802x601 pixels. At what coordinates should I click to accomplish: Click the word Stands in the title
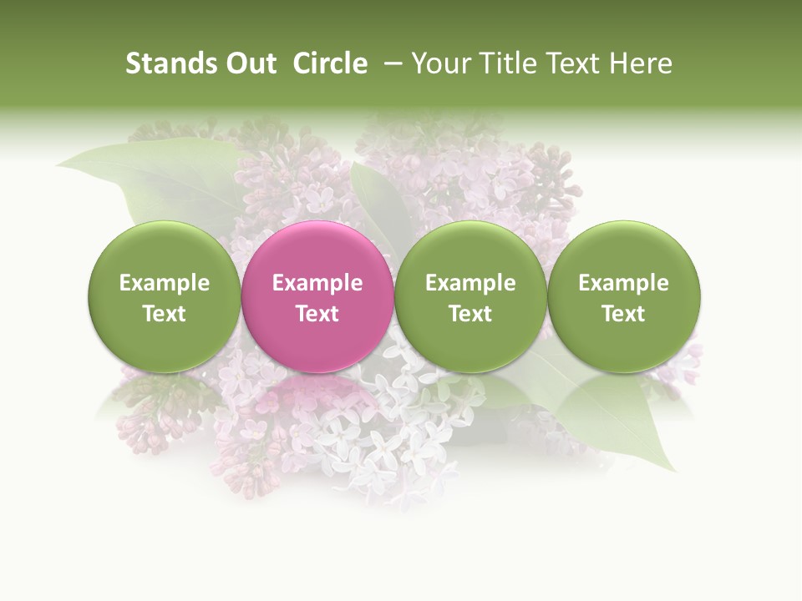point(171,63)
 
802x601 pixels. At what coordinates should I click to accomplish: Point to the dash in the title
point(389,63)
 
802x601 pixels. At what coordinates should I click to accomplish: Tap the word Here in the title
point(640,63)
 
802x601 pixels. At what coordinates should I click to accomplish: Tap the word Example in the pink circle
point(317,283)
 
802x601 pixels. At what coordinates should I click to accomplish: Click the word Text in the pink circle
point(317,314)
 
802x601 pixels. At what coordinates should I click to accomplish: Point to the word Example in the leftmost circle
point(164,283)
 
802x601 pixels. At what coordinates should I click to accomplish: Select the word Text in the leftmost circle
point(164,314)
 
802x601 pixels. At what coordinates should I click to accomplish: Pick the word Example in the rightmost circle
point(623,283)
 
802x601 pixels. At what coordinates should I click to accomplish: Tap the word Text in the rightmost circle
point(623,314)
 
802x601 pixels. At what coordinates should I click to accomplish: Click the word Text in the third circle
point(470,314)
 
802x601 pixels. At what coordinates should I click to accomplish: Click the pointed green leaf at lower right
point(635,426)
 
